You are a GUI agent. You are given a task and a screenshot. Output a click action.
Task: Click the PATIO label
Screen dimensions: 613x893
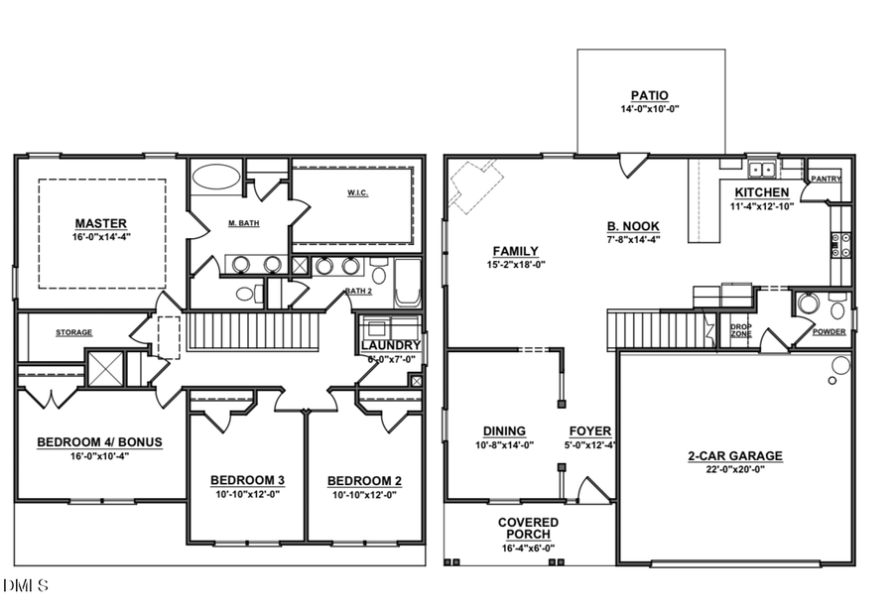[x=651, y=96]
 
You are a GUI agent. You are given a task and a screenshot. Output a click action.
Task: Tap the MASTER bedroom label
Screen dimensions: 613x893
[x=101, y=223]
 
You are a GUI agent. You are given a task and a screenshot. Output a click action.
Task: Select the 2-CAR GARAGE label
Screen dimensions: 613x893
[x=735, y=456]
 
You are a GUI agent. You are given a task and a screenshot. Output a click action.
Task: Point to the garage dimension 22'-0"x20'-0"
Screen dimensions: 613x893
[x=735, y=469]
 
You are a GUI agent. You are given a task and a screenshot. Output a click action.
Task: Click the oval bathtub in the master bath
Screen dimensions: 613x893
[x=215, y=178]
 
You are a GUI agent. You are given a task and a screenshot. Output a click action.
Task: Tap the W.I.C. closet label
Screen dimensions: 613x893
[x=357, y=192]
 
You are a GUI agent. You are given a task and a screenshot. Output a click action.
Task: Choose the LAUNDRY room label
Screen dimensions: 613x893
[x=390, y=345]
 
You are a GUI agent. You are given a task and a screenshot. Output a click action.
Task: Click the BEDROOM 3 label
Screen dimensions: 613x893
[x=247, y=481]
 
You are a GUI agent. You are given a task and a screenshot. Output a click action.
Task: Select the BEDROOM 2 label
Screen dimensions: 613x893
[x=364, y=481]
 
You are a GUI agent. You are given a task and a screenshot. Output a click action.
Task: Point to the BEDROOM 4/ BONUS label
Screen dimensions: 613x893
[x=99, y=442]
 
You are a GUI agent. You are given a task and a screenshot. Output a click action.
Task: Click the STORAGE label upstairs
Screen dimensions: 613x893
[x=73, y=333]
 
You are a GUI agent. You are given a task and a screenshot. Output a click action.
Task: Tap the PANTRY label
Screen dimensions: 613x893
[x=826, y=180]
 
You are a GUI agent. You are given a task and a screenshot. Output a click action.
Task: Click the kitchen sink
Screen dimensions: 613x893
[x=762, y=167]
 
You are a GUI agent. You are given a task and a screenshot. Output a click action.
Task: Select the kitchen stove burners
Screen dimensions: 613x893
[x=841, y=245]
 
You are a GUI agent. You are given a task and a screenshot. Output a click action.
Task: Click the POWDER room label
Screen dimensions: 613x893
[x=829, y=331]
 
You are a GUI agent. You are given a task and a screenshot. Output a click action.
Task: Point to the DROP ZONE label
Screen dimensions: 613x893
[x=740, y=330]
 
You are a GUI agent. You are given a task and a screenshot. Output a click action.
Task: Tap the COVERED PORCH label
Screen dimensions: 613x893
[x=528, y=529]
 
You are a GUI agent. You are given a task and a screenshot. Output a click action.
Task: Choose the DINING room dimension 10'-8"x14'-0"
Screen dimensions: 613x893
[x=504, y=444]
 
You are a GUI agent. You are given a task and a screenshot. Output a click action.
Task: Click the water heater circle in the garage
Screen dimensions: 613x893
[x=840, y=365]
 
